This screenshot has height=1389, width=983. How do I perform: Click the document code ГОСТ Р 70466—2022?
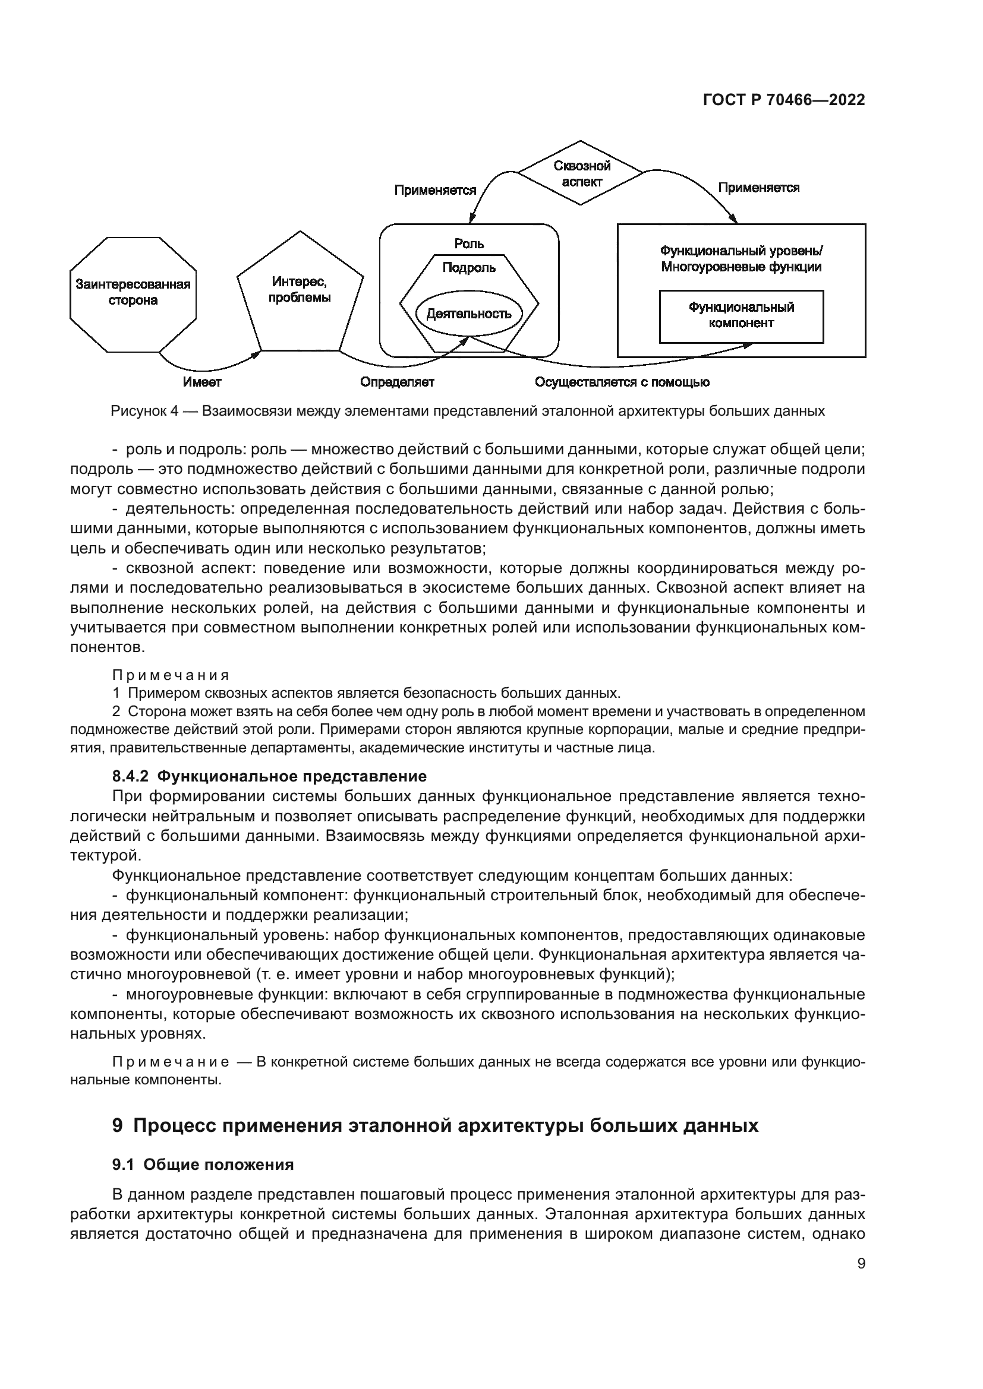(784, 100)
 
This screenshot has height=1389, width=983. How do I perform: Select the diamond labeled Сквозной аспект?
(582, 173)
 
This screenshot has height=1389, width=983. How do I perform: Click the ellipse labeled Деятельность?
(468, 314)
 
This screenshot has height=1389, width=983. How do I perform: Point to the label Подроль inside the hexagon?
(468, 267)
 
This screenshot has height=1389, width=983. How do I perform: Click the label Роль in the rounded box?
(469, 243)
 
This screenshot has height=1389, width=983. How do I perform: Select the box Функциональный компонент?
(741, 316)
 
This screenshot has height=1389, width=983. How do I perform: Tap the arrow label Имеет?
(202, 382)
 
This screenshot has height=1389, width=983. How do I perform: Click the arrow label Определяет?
(397, 382)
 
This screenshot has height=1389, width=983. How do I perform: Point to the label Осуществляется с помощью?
(622, 382)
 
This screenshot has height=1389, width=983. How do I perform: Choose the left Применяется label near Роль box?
(435, 191)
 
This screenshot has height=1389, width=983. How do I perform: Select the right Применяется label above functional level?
(758, 188)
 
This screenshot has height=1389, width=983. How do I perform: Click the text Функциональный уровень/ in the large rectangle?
(741, 251)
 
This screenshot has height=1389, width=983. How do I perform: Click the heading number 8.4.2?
(130, 776)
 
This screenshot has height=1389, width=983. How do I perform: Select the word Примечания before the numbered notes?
(171, 675)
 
